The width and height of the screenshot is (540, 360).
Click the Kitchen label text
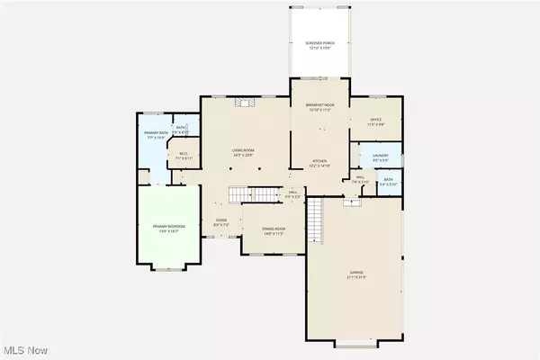click(319, 162)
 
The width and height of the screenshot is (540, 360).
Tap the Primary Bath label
click(156, 134)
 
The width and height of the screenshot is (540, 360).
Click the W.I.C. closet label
click(184, 154)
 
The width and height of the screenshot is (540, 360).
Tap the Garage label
click(357, 273)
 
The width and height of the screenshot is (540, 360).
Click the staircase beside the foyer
click(252, 194)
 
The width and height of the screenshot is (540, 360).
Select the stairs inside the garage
click(316, 216)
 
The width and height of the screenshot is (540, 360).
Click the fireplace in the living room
click(241, 103)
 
